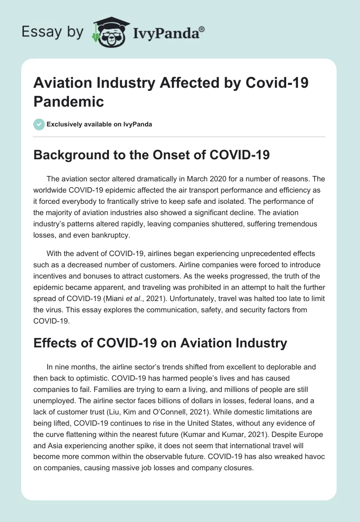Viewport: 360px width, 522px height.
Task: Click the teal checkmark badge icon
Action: (39, 124)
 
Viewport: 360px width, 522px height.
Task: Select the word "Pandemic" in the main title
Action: (69, 101)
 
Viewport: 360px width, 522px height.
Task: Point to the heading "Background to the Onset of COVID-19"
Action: (152, 155)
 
